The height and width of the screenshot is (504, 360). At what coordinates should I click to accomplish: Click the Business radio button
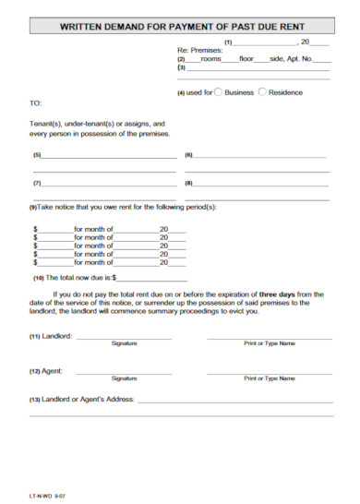(x=218, y=92)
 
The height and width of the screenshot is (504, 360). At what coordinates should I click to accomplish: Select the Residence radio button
(x=262, y=92)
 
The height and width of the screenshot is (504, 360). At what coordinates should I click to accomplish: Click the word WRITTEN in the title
(x=82, y=28)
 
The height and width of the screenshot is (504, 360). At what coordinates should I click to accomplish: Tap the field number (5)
(x=37, y=154)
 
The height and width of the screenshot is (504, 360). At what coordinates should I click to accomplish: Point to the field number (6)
(x=188, y=154)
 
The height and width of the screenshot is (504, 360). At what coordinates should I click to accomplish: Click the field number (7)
(x=37, y=183)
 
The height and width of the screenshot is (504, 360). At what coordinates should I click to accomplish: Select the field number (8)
(x=188, y=183)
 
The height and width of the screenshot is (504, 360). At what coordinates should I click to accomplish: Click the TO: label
(x=36, y=103)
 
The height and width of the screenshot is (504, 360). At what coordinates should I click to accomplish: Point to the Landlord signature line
(x=124, y=338)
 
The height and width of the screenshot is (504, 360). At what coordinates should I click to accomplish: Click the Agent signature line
(x=124, y=373)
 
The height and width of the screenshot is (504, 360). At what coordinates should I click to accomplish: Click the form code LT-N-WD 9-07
(x=47, y=496)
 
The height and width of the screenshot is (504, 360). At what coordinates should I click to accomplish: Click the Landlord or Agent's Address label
(x=83, y=400)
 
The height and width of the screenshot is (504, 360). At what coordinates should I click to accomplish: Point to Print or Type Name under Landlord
(x=270, y=343)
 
